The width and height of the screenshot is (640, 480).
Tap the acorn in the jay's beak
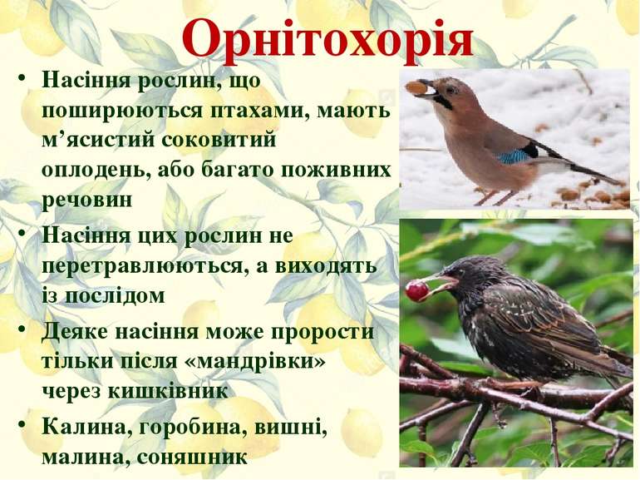pos(415,87)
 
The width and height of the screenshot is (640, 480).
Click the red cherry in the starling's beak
pos(416,290)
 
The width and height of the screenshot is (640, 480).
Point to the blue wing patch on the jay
pos(514,155)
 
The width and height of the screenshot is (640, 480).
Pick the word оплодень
pos(91,170)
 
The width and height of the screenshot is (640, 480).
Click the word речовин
pos(87,200)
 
